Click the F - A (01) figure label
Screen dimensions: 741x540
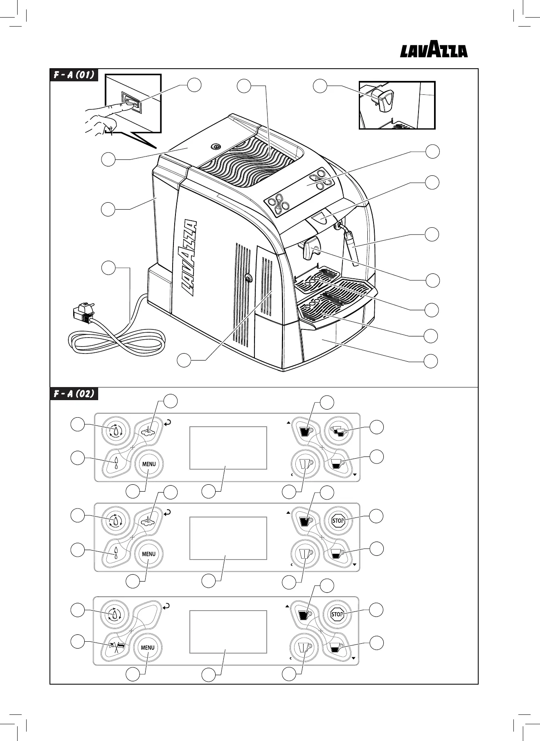(x=74, y=75)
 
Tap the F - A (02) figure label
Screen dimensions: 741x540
(x=74, y=394)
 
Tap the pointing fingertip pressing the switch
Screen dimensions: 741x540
(x=129, y=104)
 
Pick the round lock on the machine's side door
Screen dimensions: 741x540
(x=248, y=278)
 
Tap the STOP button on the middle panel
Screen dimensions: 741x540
(x=338, y=521)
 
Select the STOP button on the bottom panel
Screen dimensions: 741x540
(x=337, y=614)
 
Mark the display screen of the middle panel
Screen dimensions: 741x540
(x=228, y=538)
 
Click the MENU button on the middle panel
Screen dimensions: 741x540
(x=148, y=554)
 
